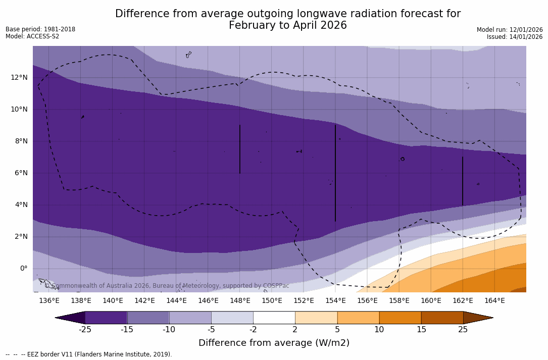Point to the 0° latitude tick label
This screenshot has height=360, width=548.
24,269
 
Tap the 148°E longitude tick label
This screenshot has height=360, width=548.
240,301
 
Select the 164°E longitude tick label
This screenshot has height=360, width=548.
494,301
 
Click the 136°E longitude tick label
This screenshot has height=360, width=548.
49,301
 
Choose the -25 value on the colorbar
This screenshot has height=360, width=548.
85,330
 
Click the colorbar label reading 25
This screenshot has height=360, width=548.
463,330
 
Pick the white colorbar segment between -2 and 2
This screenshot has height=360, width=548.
274,318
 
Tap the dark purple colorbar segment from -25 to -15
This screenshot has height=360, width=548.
106,318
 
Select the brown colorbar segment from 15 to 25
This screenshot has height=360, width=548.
442,318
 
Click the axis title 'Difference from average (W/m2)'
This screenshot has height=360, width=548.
274,343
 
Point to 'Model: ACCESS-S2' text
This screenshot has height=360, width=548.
32,36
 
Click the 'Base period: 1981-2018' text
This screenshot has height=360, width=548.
40,29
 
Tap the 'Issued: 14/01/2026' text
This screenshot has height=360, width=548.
515,37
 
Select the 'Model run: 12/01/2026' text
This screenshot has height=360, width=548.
510,30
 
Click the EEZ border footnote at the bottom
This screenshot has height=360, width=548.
89,354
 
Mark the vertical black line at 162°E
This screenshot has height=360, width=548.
463,181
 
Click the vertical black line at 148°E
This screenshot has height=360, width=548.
240,149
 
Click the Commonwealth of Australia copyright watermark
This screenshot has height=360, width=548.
167,286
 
